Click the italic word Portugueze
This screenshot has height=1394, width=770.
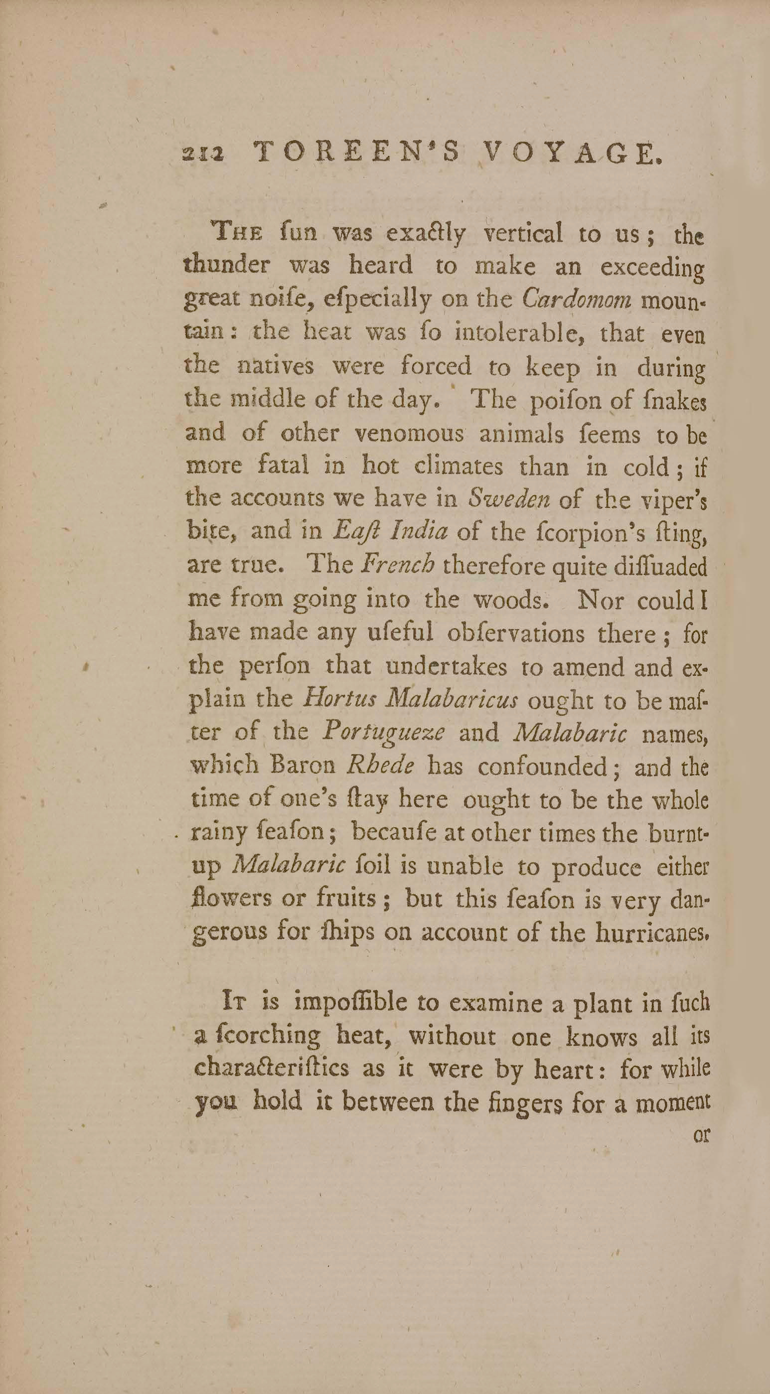384,734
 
